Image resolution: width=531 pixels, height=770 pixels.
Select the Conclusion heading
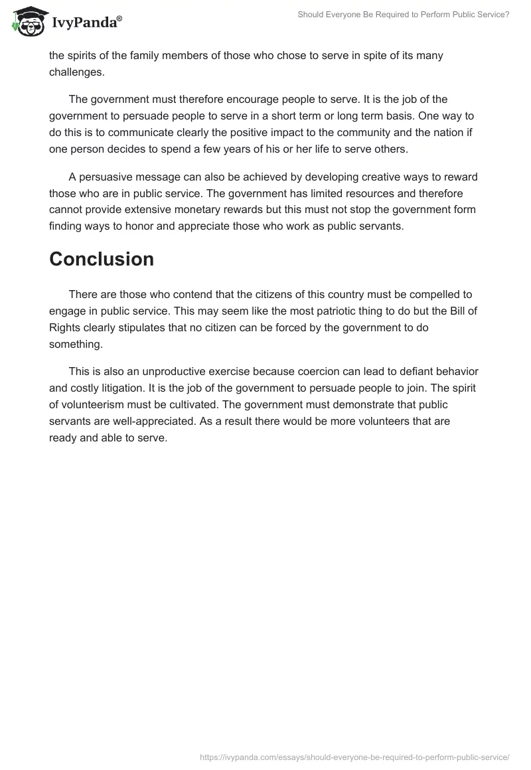click(x=101, y=259)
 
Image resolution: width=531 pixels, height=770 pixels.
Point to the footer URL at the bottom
click(x=354, y=756)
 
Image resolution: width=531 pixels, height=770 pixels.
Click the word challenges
click(x=76, y=72)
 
